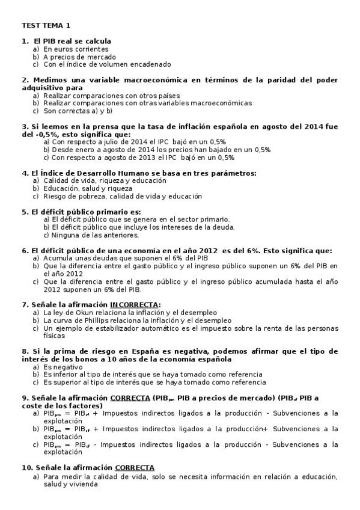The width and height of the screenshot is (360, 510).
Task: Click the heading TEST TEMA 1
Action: [x=46, y=25]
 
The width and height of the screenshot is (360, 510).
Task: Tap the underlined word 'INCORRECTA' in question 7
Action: [x=135, y=305]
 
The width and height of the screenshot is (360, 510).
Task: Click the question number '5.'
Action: [x=25, y=212]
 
